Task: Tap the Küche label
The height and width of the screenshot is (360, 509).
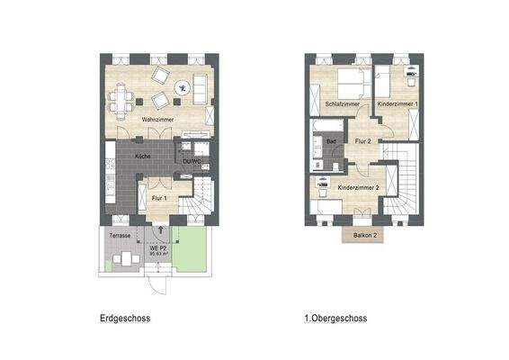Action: (x=143, y=157)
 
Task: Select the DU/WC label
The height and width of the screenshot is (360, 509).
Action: (x=192, y=162)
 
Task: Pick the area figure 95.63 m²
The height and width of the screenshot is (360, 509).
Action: (x=160, y=254)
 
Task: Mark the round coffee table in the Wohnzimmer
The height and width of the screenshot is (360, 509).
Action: (x=183, y=87)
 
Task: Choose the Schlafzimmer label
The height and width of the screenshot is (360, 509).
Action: (x=341, y=105)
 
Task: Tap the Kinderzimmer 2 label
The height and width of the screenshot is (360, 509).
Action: (x=357, y=187)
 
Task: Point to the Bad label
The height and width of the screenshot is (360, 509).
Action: (x=331, y=141)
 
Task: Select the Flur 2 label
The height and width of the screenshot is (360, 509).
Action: (x=362, y=141)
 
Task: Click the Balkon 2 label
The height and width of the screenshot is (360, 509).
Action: (x=362, y=235)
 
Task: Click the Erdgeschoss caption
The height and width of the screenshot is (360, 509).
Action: (x=125, y=319)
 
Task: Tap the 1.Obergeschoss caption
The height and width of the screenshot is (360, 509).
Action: (x=336, y=319)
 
